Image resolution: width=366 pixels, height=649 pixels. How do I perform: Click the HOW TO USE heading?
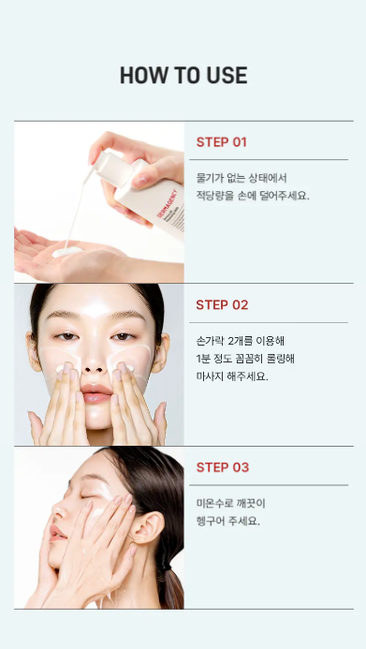(x=183, y=75)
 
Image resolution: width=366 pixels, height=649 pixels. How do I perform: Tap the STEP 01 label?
(x=221, y=142)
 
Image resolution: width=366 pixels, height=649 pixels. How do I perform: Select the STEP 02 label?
(x=222, y=305)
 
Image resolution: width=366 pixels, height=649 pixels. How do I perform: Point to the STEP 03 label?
(x=223, y=467)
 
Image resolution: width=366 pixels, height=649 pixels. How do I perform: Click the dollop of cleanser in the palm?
(x=67, y=251)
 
